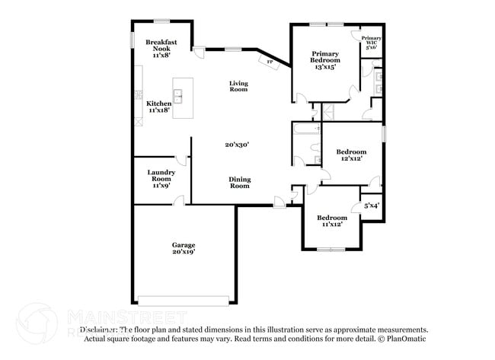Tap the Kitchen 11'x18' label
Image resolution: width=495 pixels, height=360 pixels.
point(158,107)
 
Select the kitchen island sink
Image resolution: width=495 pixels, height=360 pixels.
point(178,95)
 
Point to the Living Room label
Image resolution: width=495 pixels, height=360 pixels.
point(239,87)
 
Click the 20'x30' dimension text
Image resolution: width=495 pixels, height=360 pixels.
point(237,145)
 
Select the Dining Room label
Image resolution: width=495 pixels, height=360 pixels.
point(240,183)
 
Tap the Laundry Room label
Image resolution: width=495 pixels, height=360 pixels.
point(161,178)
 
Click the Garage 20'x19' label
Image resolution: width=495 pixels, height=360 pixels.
point(183,248)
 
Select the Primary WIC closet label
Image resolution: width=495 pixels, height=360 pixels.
point(371,42)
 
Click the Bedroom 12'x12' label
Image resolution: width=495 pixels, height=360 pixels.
point(351,155)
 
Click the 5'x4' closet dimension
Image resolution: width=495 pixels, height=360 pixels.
point(372,205)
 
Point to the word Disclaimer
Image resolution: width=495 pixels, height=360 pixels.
point(99,330)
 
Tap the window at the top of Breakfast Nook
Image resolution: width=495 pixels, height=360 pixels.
point(161,20)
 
